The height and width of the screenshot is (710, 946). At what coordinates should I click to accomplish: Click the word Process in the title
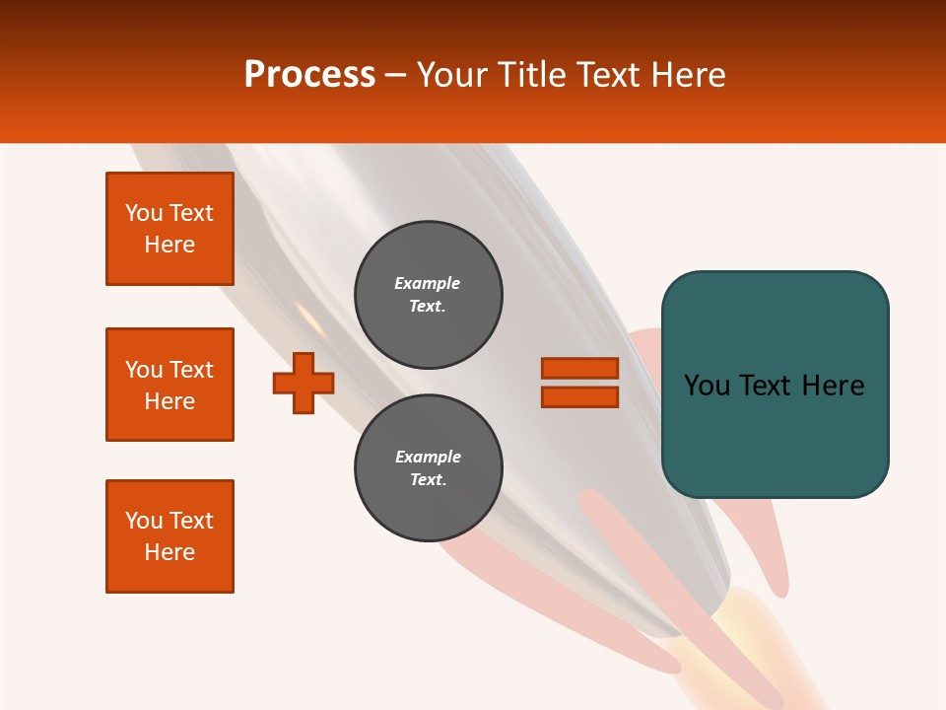pyautogui.click(x=309, y=74)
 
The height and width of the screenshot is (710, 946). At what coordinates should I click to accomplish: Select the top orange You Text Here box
pyautogui.click(x=169, y=229)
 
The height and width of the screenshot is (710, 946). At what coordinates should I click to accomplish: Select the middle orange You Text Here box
pyautogui.click(x=169, y=385)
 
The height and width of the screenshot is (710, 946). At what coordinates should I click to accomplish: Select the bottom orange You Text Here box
pyautogui.click(x=169, y=536)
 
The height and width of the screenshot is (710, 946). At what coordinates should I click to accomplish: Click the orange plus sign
pyautogui.click(x=304, y=383)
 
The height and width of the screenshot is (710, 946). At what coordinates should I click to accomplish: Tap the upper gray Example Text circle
pyautogui.click(x=429, y=295)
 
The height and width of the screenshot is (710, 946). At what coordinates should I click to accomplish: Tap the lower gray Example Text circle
pyautogui.click(x=429, y=468)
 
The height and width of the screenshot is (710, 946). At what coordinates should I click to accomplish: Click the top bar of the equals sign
pyautogui.click(x=579, y=368)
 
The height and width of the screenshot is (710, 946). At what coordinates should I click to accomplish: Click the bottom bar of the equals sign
pyautogui.click(x=579, y=396)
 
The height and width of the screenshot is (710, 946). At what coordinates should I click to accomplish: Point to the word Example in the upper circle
pyautogui.click(x=427, y=283)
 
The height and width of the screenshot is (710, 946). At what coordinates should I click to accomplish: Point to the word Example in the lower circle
pyautogui.click(x=428, y=457)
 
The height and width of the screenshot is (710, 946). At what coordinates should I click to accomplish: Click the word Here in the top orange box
pyautogui.click(x=169, y=245)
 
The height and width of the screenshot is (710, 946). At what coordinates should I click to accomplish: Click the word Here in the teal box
pyautogui.click(x=833, y=386)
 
